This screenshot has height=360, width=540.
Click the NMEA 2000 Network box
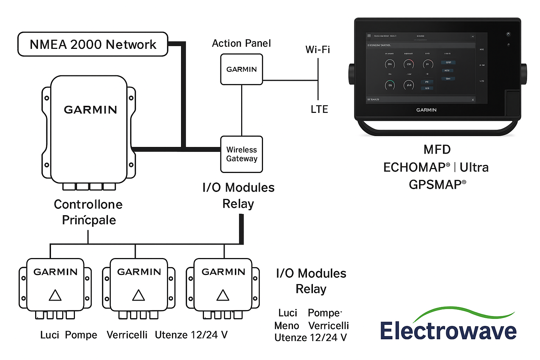(x=93, y=44)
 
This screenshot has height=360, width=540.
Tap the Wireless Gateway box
(x=242, y=154)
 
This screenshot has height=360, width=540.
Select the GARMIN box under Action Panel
(x=242, y=69)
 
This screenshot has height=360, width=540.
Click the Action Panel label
(x=241, y=43)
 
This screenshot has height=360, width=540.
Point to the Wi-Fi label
(x=317, y=50)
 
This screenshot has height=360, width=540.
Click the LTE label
(x=319, y=109)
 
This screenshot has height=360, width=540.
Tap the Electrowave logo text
(x=448, y=331)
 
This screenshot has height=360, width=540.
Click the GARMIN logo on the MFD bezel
(x=426, y=110)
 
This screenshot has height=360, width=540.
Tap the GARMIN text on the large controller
(x=90, y=110)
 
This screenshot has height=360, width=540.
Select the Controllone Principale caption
(x=88, y=212)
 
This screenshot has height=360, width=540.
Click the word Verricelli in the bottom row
(x=127, y=335)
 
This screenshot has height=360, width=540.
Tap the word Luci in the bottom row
(x=50, y=335)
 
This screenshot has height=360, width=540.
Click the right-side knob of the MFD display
(x=523, y=74)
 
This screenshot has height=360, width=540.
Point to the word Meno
(x=287, y=326)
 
